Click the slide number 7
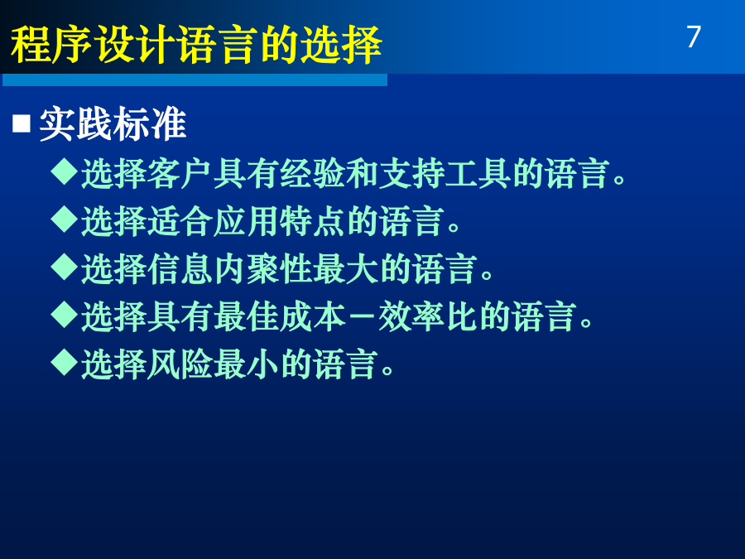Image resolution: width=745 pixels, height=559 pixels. point(694,36)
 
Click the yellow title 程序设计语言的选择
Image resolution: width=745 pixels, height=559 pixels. point(196,45)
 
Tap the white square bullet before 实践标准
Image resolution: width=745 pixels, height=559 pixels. point(22,123)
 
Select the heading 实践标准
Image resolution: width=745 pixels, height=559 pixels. point(112,123)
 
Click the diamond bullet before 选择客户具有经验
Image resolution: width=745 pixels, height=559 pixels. point(64,171)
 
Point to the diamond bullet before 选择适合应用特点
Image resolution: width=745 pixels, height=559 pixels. point(64,219)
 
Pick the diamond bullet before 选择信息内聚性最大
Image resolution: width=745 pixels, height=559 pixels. point(64,267)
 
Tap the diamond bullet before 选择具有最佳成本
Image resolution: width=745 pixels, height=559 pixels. point(64,315)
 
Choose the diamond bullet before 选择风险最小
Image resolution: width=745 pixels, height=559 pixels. point(64,363)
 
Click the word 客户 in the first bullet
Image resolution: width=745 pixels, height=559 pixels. point(180,174)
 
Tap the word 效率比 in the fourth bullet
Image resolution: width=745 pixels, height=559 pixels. point(428,317)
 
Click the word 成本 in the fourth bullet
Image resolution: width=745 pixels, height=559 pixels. point(312,317)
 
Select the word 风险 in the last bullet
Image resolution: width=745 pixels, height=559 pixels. point(180,365)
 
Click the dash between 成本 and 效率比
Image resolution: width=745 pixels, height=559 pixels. point(362,317)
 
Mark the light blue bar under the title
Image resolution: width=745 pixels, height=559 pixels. point(195,80)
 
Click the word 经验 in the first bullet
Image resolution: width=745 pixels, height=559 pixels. point(312,174)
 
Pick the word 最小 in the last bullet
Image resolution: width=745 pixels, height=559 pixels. point(246,365)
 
